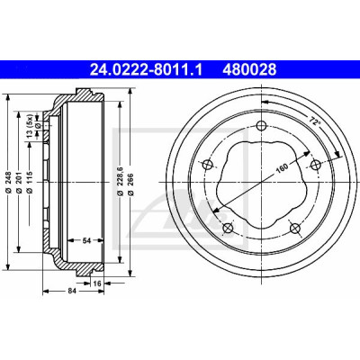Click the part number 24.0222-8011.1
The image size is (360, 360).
(x=146, y=69)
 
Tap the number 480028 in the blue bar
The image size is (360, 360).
(x=249, y=69)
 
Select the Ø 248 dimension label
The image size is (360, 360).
(x=8, y=182)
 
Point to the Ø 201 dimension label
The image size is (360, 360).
(x=18, y=182)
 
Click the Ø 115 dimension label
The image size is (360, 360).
(x=29, y=182)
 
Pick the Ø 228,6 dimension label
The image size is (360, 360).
(x=120, y=182)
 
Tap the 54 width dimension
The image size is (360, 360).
(x=86, y=240)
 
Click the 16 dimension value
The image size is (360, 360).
(x=96, y=283)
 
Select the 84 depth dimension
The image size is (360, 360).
(x=71, y=291)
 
